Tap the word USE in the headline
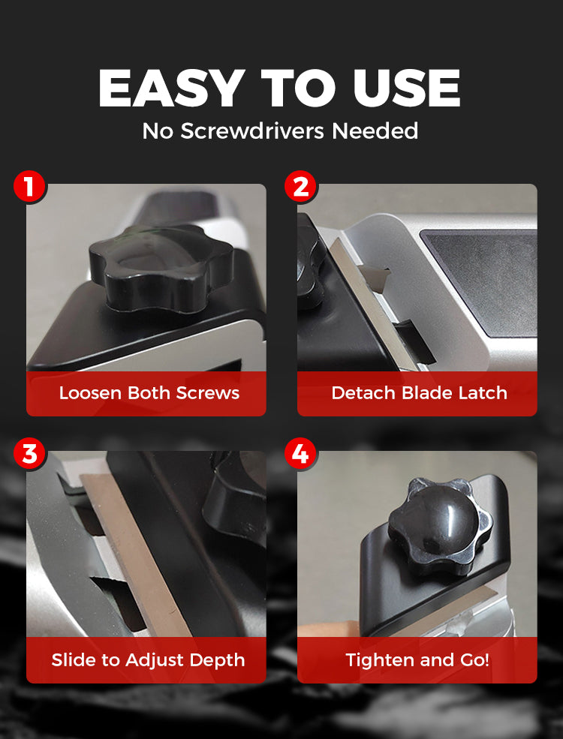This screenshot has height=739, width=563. point(406,88)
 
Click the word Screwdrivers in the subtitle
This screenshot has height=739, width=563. point(252,131)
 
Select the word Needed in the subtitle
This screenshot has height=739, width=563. point(375,131)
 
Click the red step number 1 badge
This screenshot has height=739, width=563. point(29,187)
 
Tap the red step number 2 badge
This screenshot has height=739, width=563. point(301,187)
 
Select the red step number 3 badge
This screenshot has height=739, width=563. point(29,454)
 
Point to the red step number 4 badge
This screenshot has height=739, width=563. point(301,454)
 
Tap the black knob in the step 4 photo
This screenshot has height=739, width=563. point(439,525)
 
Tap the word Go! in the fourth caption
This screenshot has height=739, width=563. point(473,659)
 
